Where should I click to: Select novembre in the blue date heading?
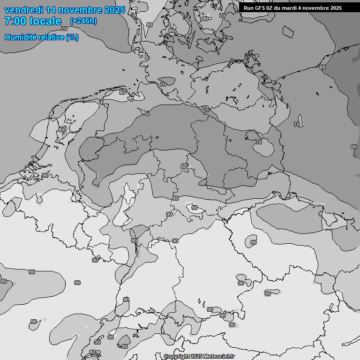pyautogui.click(x=83, y=10)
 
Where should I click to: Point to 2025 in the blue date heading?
pyautogui.click(x=115, y=10)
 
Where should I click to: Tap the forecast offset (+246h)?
pyautogui.click(x=83, y=21)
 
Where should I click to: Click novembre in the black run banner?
pyautogui.click(x=315, y=8)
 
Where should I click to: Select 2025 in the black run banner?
pyautogui.click(x=335, y=8)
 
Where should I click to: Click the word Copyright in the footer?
pyautogui.click(x=176, y=356)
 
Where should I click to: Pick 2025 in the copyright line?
pyautogui.click(x=196, y=356)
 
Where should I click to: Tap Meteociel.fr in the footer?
pyautogui.click(x=219, y=356)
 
